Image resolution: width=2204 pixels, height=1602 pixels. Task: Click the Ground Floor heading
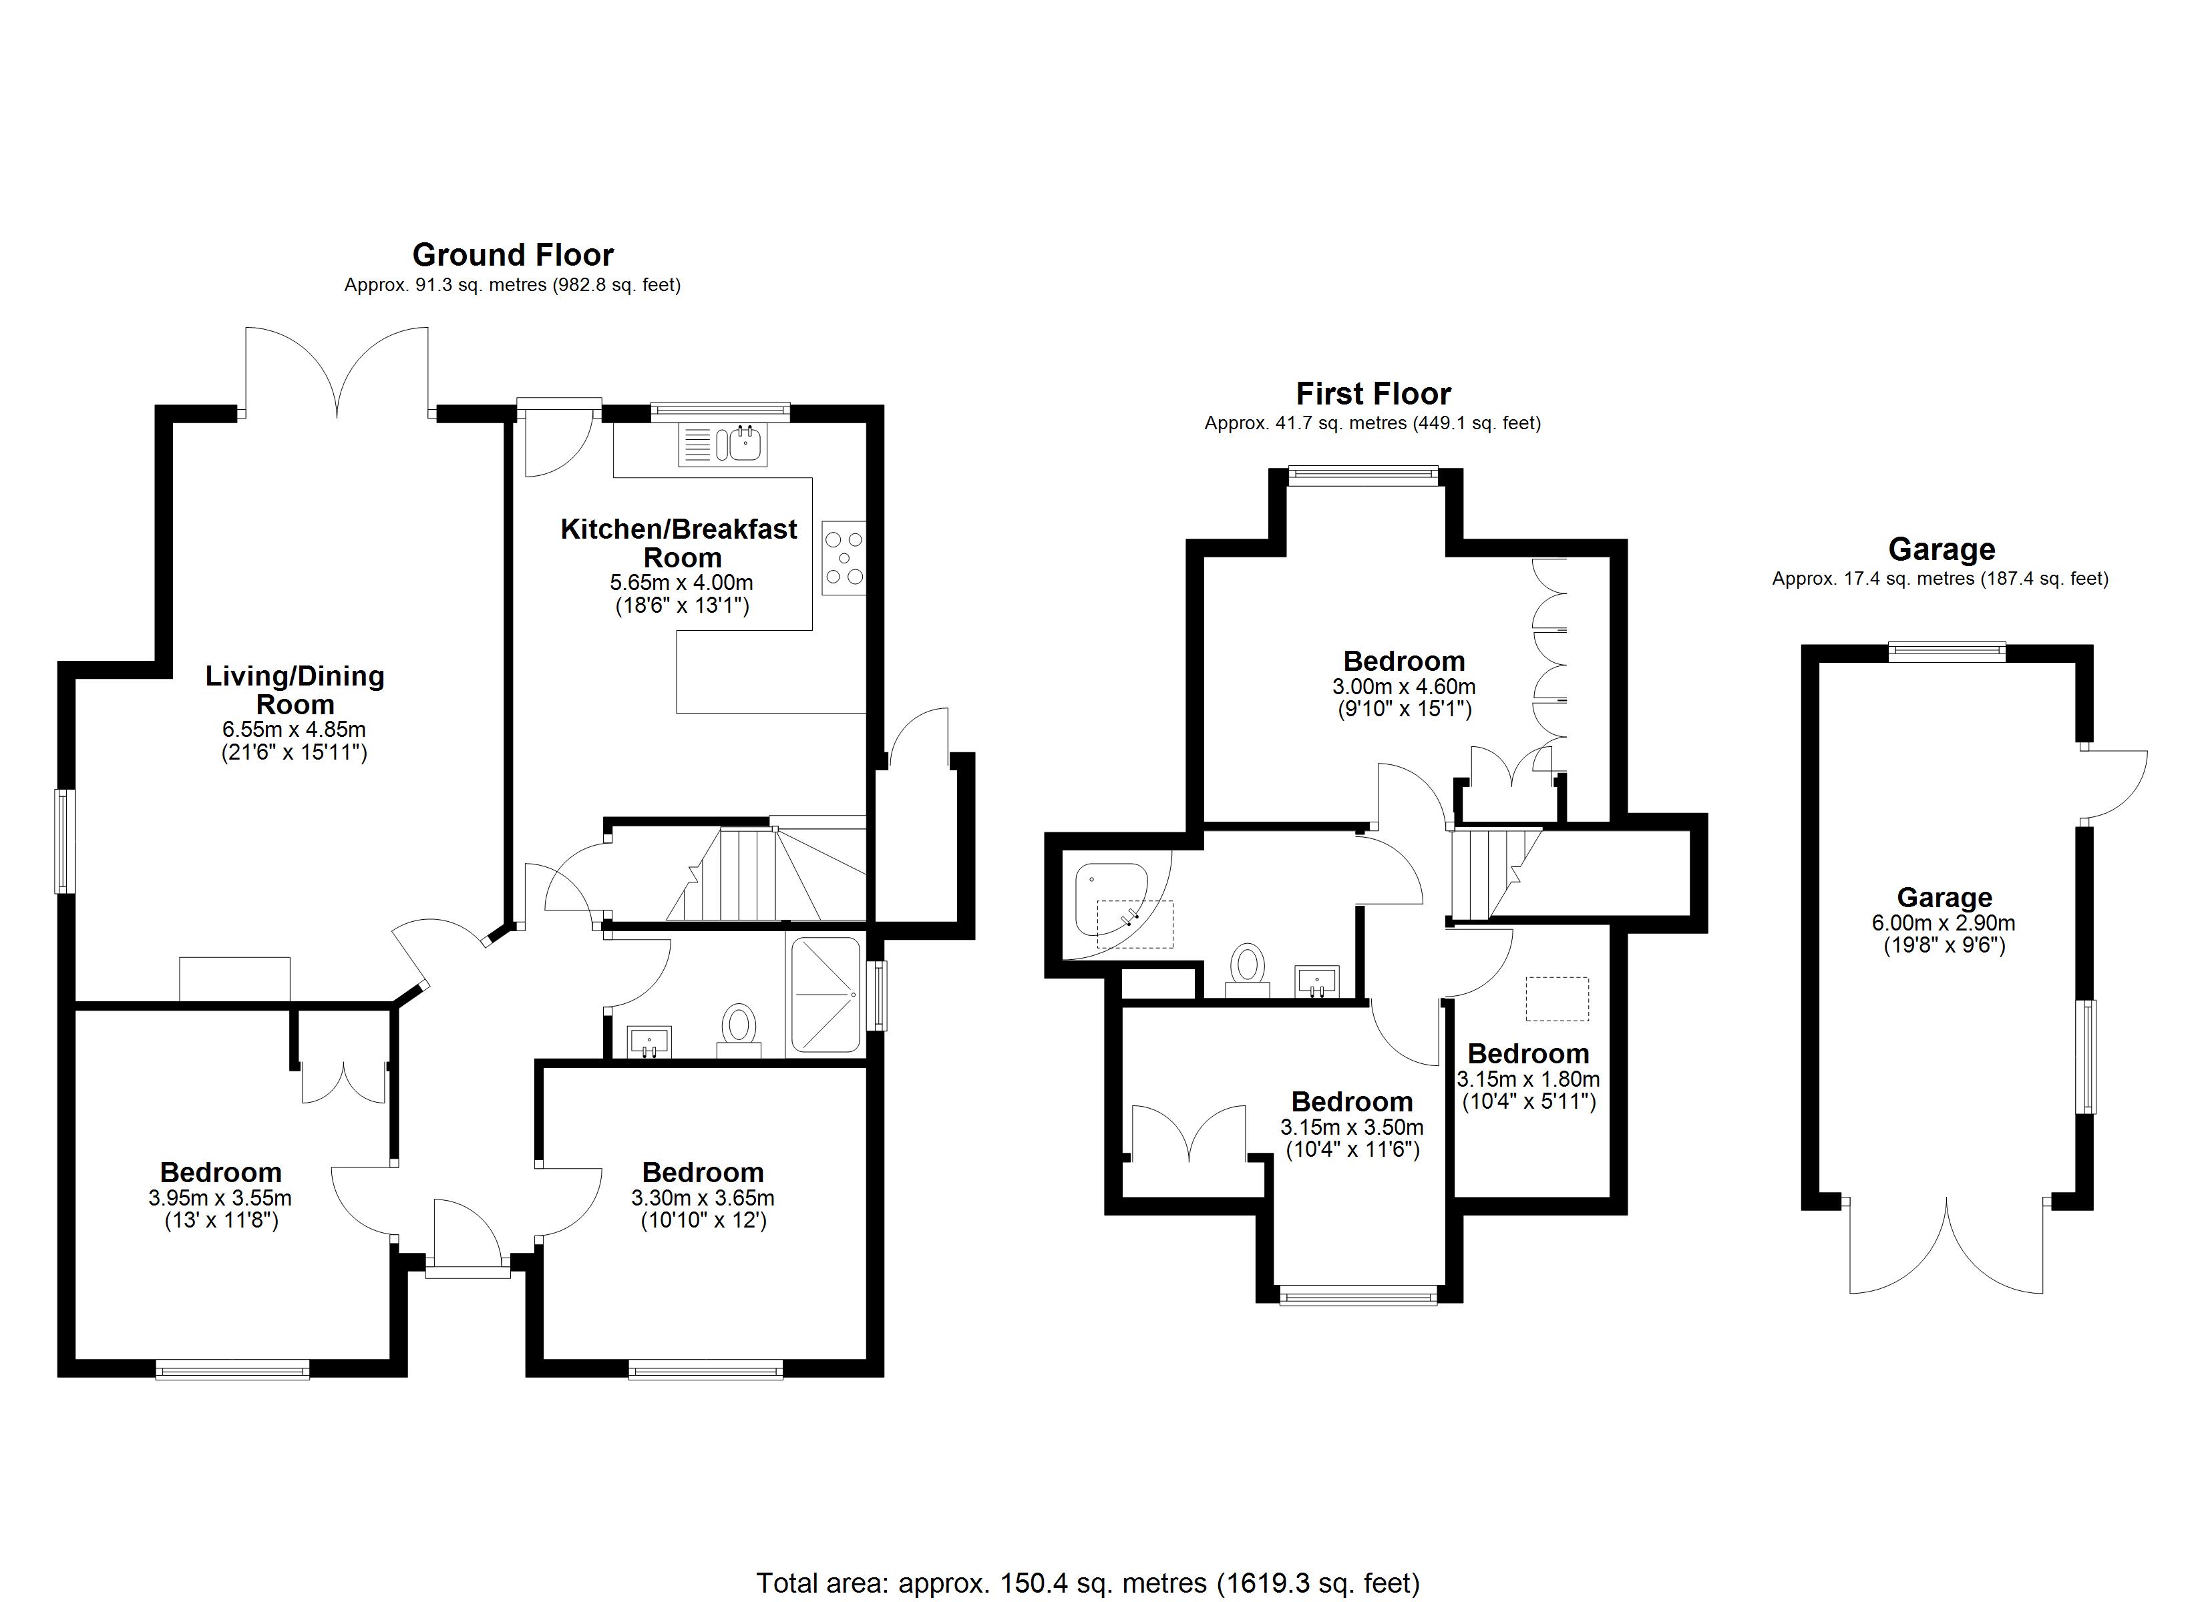(513, 254)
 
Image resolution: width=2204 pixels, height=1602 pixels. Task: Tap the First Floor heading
(1373, 393)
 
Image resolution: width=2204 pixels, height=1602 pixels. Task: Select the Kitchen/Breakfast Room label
(679, 543)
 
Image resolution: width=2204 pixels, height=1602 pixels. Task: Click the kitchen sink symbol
(724, 445)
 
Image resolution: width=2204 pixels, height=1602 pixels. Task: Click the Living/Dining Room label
(295, 690)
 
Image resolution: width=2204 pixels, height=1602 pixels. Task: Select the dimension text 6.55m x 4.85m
(295, 730)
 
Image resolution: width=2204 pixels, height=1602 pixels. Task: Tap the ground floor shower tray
(825, 994)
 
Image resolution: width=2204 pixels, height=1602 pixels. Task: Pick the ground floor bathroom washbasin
(649, 1041)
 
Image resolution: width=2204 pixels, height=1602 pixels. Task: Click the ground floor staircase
(766, 873)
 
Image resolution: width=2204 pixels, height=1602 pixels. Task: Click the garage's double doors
(1946, 1246)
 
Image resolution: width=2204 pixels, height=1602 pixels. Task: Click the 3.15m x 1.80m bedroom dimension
(1527, 1079)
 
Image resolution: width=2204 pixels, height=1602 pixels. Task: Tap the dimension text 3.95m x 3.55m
(220, 1199)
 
